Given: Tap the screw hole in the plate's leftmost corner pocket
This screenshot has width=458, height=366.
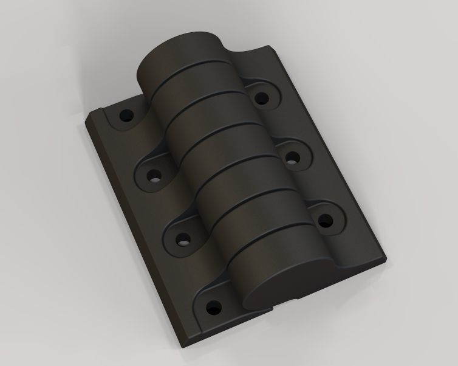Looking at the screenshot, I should coord(128,114).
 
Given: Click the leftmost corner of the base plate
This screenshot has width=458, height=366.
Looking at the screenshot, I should coord(85,125).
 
